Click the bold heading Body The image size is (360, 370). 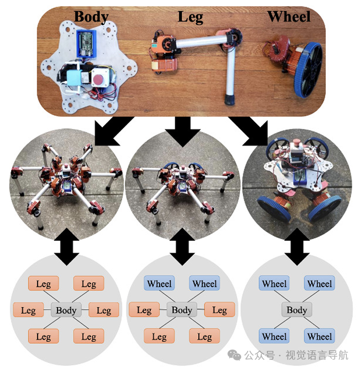(91, 17)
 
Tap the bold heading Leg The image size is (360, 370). (190, 17)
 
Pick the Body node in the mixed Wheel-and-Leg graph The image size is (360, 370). (181, 310)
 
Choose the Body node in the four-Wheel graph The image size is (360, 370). (297, 310)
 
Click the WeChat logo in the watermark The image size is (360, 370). (235, 355)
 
